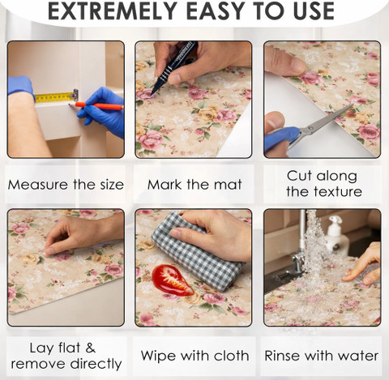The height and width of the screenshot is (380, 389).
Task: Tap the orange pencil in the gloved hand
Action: (96, 105)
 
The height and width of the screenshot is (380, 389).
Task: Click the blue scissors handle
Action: (282, 139)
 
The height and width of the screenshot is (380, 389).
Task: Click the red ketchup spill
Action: (172, 280)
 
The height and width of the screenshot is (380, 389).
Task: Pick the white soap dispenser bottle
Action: (336, 235)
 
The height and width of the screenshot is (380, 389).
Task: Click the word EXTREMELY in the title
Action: (112, 11)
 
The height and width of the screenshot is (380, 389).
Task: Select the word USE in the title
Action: (314, 11)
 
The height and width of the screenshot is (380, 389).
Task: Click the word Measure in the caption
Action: (39, 185)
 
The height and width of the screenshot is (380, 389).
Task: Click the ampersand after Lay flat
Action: (91, 348)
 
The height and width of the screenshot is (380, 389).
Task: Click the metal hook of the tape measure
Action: (75, 95)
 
